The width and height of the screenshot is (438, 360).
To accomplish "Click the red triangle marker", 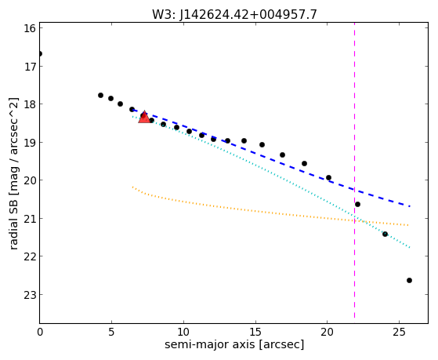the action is click(x=144, y=117).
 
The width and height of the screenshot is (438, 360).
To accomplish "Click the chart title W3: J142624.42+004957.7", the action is click(x=234, y=15).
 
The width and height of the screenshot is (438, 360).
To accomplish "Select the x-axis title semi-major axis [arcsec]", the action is click(x=234, y=344).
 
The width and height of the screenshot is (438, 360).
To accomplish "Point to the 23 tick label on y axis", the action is click(x=29, y=295).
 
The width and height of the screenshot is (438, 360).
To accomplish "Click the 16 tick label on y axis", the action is click(x=29, y=28).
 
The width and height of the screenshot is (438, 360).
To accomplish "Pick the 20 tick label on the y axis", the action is click(x=29, y=180).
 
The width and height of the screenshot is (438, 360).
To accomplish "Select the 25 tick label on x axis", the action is click(x=399, y=332).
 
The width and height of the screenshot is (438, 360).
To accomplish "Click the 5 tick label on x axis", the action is click(x=111, y=332).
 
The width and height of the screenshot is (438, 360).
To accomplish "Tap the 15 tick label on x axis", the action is click(x=255, y=332).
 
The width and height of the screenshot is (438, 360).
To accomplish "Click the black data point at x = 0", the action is click(x=40, y=53).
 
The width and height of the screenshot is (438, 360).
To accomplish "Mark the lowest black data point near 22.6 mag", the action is click(x=409, y=280).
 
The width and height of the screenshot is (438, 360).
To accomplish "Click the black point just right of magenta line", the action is click(x=357, y=204).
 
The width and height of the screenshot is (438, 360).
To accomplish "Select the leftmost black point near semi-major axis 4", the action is click(x=100, y=95).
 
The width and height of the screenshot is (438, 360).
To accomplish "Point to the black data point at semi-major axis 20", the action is click(x=328, y=177).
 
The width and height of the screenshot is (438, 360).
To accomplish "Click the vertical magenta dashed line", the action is click(x=354, y=171).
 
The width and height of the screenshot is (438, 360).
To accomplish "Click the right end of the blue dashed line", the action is click(x=410, y=206).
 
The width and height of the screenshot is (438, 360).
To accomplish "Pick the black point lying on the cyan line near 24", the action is click(x=385, y=234).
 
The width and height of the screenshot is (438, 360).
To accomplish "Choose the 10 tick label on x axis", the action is click(x=183, y=332).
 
